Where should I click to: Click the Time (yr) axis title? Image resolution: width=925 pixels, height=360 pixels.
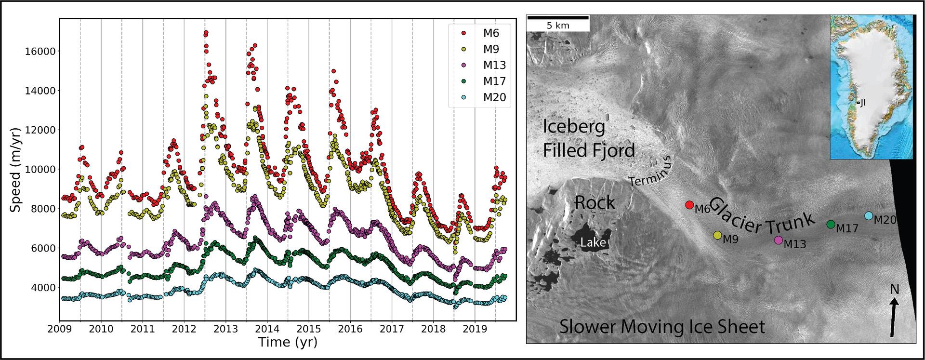click(x=288, y=343)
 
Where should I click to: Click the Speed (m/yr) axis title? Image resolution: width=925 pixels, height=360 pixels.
click(x=15, y=170)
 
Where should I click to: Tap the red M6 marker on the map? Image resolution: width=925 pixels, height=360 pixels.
click(x=689, y=205)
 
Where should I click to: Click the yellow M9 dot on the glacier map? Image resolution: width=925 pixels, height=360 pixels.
click(x=717, y=235)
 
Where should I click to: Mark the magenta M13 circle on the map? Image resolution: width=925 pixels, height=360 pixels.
click(x=778, y=240)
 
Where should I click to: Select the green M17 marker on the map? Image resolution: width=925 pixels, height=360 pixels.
click(x=831, y=224)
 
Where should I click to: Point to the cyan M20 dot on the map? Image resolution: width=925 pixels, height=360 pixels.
click(x=869, y=215)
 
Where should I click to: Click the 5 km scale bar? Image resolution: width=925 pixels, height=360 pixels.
click(x=558, y=18)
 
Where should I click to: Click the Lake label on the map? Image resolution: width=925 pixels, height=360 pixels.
click(x=593, y=242)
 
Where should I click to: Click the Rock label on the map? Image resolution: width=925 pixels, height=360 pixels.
click(x=595, y=203)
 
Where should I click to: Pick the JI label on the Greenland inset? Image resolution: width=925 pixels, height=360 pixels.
click(x=863, y=103)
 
